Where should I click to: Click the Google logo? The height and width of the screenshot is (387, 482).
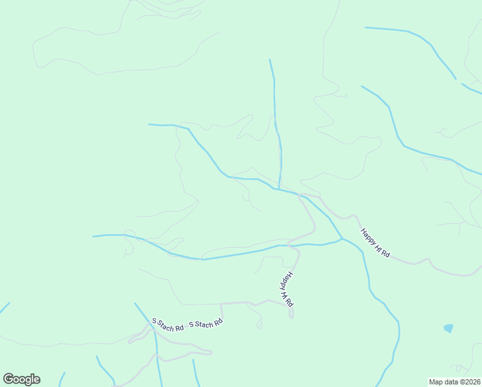[x=21, y=379]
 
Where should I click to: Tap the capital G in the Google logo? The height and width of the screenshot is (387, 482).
[x=8, y=379]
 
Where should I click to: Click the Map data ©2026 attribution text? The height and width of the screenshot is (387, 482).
[x=454, y=382]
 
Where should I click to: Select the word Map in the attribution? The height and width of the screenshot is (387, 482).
[x=436, y=382]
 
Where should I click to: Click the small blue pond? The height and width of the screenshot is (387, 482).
[x=448, y=328]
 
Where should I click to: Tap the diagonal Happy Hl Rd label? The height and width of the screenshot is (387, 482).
[x=375, y=243]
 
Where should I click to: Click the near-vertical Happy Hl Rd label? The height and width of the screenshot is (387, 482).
[x=287, y=288]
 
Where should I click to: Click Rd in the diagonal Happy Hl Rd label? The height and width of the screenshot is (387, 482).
[x=385, y=253]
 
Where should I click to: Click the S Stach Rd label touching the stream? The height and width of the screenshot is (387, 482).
[x=168, y=324]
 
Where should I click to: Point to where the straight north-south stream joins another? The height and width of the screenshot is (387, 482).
[x=279, y=189]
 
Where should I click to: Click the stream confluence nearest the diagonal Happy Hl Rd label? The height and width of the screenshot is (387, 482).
[x=342, y=239]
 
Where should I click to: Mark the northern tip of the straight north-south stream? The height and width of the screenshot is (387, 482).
[x=269, y=59]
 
